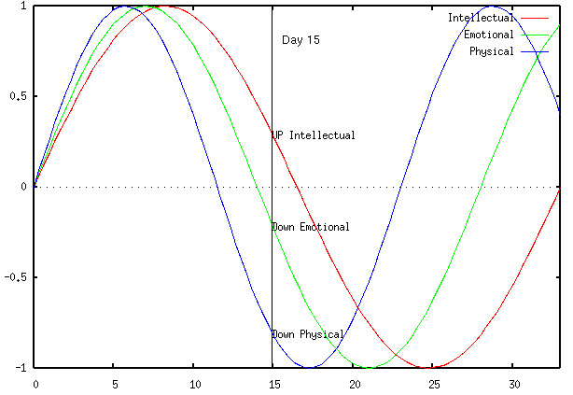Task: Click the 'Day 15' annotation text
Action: [x=300, y=40]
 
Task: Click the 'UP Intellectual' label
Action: [x=314, y=135]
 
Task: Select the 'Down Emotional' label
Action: [x=311, y=227]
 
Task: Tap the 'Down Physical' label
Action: [x=308, y=334]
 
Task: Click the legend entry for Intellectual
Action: [x=481, y=18]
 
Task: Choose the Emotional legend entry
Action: [x=488, y=35]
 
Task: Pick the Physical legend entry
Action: [x=491, y=51]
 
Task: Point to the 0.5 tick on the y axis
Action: [x=18, y=96]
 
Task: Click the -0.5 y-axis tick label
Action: [x=16, y=277]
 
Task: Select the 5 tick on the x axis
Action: [x=115, y=384]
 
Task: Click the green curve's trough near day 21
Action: [x=370, y=367]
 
